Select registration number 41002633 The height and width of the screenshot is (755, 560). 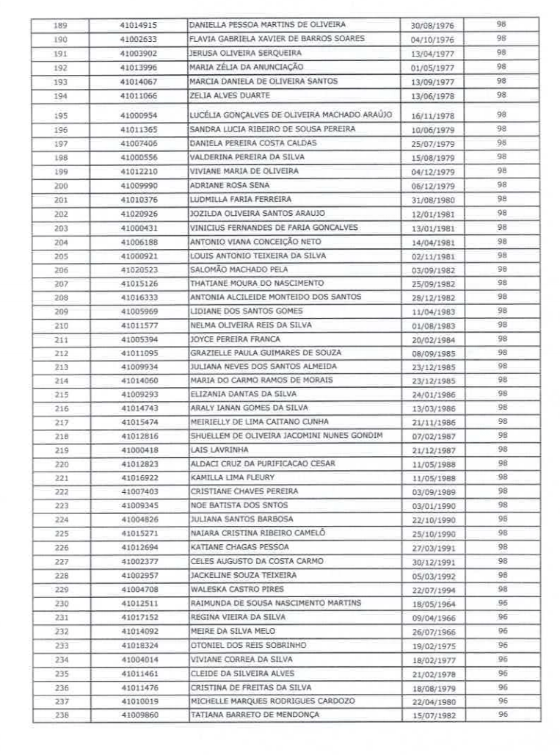coord(139,39)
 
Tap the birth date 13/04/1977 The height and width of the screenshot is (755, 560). coord(432,54)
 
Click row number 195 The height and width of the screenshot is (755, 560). coord(61,115)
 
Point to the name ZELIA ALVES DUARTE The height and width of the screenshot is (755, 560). coord(230,95)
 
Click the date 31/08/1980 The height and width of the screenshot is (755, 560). coord(432,200)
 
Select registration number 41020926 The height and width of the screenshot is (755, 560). coord(139,214)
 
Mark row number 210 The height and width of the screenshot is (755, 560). coord(61,325)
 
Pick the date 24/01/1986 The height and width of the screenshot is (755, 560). coord(432,395)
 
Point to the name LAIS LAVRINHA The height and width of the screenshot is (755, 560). coord(219,449)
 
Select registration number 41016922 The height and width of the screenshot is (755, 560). coord(139,477)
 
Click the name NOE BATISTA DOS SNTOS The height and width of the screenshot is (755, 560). coord(239,505)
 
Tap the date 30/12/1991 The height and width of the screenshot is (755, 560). coord(432,562)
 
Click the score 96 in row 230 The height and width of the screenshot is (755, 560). coord(502,603)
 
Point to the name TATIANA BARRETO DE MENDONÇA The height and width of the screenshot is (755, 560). coord(255,714)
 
